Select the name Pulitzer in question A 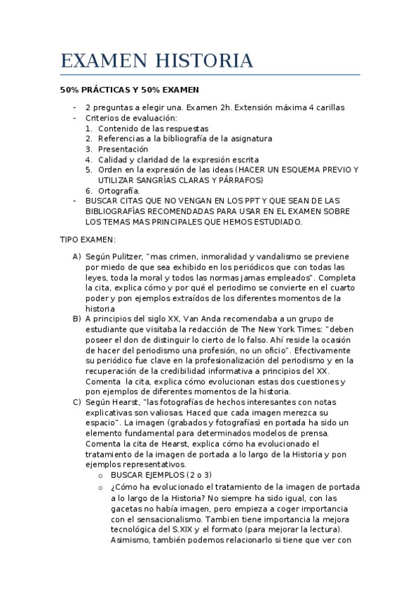click(129, 257)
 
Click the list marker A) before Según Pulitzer click(76, 257)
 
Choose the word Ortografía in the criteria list click(118, 190)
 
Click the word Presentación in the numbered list click(123, 149)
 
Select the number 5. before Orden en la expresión click(89, 170)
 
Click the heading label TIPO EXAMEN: click(83, 239)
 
